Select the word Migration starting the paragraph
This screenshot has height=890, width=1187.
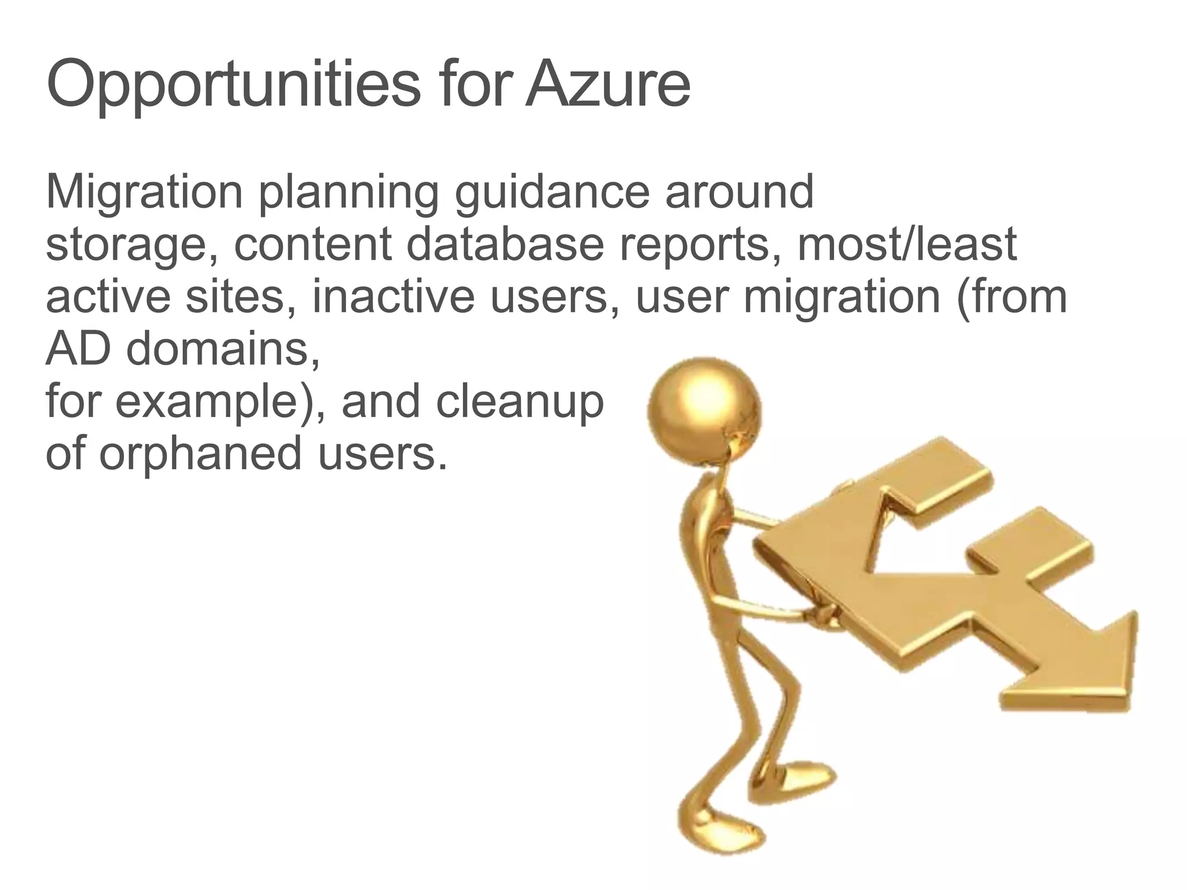144,192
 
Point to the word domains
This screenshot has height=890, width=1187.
223,349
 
